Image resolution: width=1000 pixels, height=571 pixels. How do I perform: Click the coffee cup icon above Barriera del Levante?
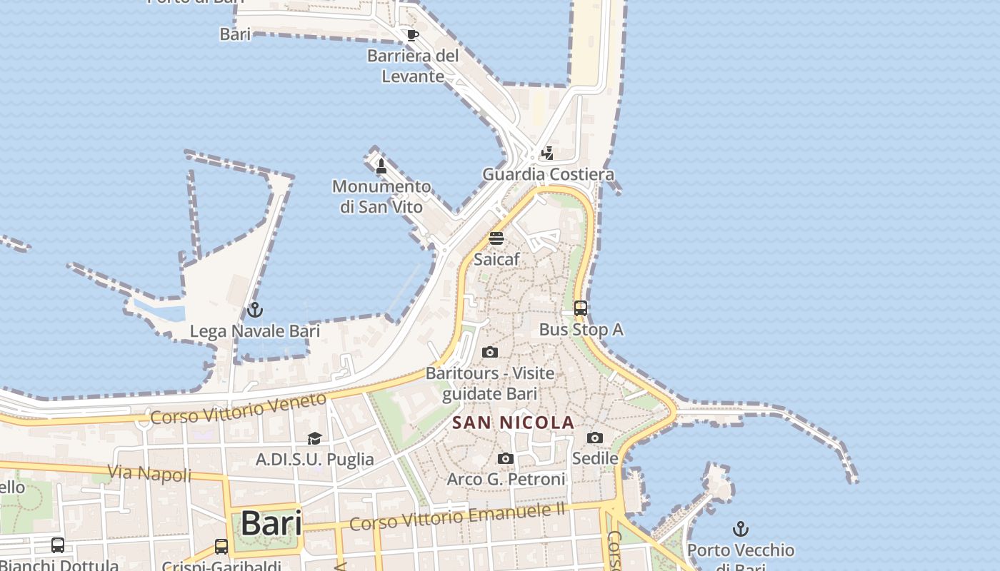tap(412, 34)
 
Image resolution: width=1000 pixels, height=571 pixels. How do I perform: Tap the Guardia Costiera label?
tap(548, 174)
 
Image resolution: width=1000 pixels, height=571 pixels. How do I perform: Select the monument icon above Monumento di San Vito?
tap(381, 166)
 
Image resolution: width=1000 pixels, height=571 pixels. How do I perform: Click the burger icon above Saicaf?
tap(496, 238)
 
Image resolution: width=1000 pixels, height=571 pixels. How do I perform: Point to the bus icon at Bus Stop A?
tap(581, 308)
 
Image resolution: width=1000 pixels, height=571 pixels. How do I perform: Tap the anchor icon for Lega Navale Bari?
tap(255, 310)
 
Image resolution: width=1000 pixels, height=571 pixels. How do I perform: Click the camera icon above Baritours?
tap(490, 352)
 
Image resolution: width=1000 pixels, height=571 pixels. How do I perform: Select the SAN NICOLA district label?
tap(514, 423)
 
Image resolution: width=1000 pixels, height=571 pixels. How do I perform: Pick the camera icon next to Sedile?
tap(595, 438)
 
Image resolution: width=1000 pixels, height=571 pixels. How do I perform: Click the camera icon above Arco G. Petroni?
tap(506, 458)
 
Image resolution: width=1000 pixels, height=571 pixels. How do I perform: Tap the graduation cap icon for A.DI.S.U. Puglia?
tap(314, 438)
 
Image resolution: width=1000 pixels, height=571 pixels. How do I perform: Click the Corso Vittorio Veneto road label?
tap(239, 409)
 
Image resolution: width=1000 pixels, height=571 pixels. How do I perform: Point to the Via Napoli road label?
tap(149, 473)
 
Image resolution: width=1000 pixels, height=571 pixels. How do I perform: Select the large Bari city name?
tap(271, 523)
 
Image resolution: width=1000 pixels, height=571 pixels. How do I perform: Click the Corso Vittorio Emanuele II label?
tap(457, 517)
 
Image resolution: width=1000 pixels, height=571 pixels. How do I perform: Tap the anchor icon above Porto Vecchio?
tap(741, 530)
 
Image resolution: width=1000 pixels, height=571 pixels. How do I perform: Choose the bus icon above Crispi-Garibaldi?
tap(221, 547)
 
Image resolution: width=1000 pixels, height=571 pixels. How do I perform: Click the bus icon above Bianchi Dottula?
tap(58, 545)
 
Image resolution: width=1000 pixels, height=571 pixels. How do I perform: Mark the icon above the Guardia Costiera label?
tap(547, 153)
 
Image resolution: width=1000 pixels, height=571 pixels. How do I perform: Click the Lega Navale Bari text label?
tap(255, 331)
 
